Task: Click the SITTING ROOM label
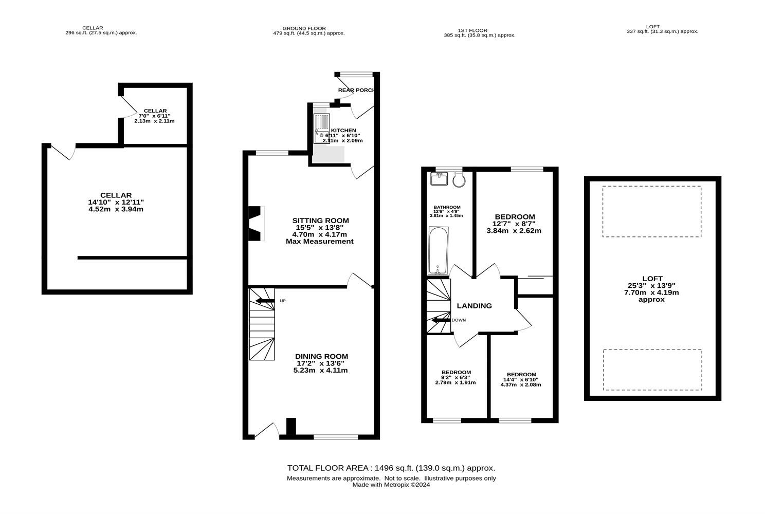pos(320,221)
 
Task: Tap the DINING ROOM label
pos(321,356)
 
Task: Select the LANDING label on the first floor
pos(474,306)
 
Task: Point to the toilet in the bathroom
pos(459,179)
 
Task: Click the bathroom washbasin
pos(439,178)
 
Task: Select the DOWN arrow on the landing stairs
pos(441,320)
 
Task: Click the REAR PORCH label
pos(356,90)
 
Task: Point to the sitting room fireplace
pos(256,223)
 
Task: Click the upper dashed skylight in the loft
pos(651,211)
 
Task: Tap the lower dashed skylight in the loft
pos(652,370)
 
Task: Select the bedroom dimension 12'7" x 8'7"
pos(514,224)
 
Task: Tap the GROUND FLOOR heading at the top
pos(304,28)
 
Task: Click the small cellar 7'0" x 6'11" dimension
pos(155,116)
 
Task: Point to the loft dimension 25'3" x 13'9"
pos(651,285)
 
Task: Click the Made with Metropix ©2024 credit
pos(391,484)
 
